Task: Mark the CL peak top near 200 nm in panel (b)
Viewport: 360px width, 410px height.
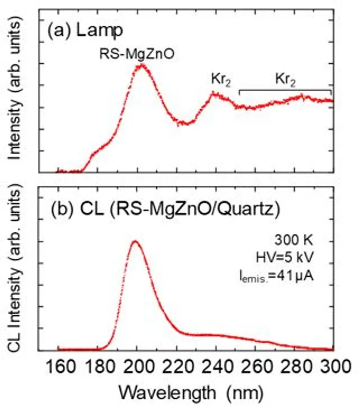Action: coord(135,241)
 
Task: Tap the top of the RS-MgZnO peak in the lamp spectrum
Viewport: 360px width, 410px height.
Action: coord(142,64)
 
